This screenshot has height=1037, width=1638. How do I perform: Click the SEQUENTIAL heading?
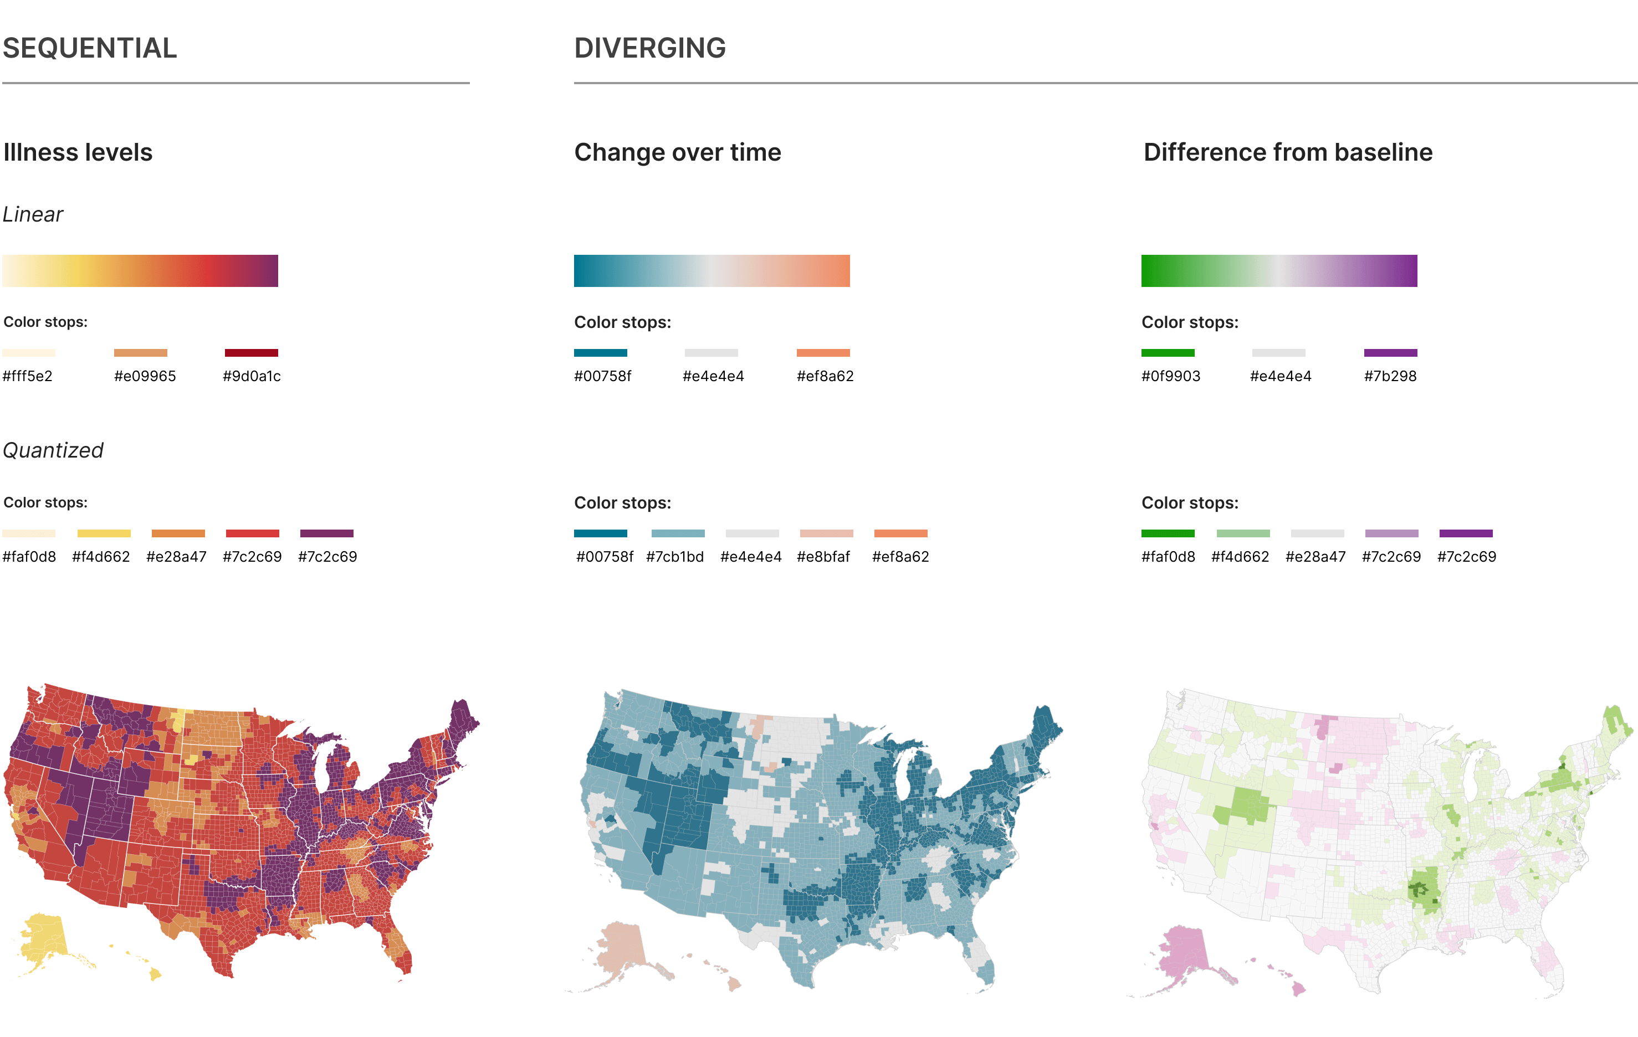point(90,48)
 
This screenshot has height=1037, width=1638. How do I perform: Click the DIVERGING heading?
point(649,48)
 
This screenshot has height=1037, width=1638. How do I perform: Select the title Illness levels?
point(78,152)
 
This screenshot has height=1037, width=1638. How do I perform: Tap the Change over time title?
point(678,152)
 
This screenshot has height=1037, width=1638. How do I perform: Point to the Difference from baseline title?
point(1288,152)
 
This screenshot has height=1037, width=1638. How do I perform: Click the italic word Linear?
point(33,215)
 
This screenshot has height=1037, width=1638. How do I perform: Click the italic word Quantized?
point(53,451)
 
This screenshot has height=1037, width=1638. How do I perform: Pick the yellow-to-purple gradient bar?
point(140,271)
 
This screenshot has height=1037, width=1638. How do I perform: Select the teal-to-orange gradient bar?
point(711,271)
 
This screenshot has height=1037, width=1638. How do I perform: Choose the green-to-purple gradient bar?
point(1279,271)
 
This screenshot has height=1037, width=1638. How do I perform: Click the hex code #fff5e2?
point(27,376)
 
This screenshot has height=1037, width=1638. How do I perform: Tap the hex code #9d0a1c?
point(252,376)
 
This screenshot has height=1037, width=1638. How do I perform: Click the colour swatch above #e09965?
point(140,353)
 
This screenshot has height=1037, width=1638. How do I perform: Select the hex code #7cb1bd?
point(675,557)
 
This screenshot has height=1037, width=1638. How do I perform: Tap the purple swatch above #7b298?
point(1390,353)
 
